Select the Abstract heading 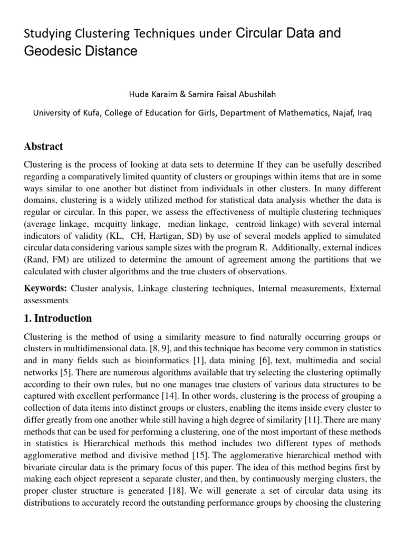(x=43, y=147)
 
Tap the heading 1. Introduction (x=58, y=319)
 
